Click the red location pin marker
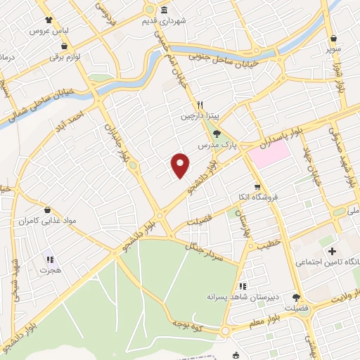181,165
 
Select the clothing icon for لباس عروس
48,20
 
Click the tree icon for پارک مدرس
217,133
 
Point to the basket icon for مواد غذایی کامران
47,210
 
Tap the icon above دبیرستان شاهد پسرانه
243,286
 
